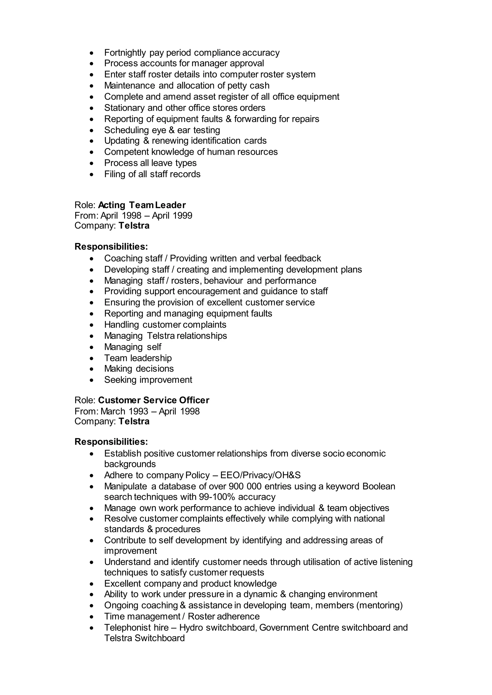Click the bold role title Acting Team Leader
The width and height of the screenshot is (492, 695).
142,205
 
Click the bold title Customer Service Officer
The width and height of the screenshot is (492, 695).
154,401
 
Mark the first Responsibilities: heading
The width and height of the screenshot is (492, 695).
111,247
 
